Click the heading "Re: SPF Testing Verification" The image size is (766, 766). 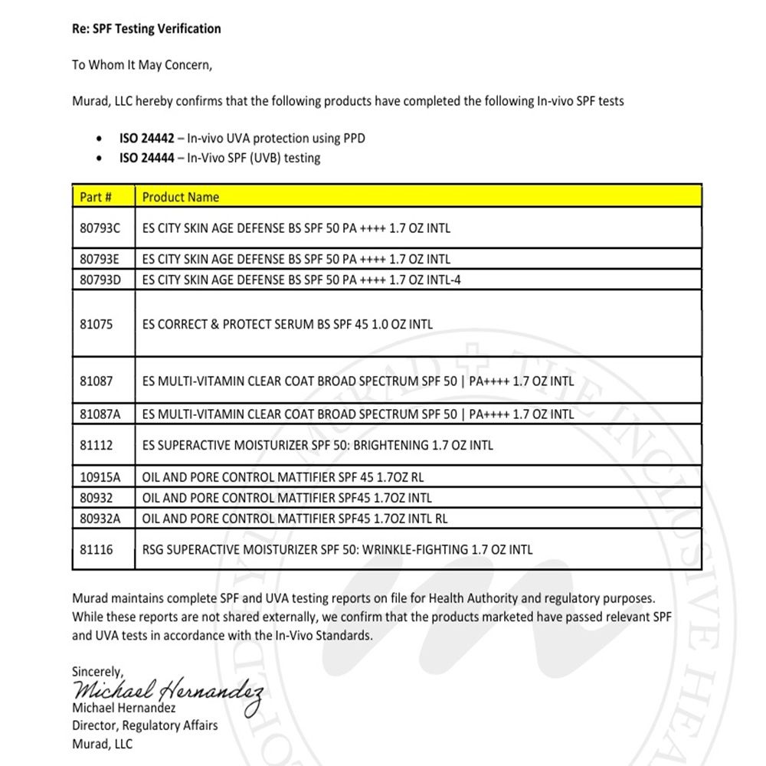coord(146,29)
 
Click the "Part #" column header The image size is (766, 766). coord(96,197)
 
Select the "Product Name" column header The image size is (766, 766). coord(181,197)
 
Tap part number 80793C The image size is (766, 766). coord(100,228)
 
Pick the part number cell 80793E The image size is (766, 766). coord(100,259)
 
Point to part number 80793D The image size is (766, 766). coord(100,280)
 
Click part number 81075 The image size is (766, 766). coord(96,324)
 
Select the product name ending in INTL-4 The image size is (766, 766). coord(302,280)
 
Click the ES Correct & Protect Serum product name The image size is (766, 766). coord(287,324)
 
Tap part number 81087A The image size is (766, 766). coord(100,414)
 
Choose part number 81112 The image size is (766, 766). coord(96,445)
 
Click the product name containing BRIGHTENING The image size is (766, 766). coord(318,445)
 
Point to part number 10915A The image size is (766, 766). coord(100,476)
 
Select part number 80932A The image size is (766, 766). coord(100,519)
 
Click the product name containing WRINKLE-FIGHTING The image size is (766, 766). coord(337,549)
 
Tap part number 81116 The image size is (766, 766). coord(96,549)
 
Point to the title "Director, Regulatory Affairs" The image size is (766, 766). coord(145,725)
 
